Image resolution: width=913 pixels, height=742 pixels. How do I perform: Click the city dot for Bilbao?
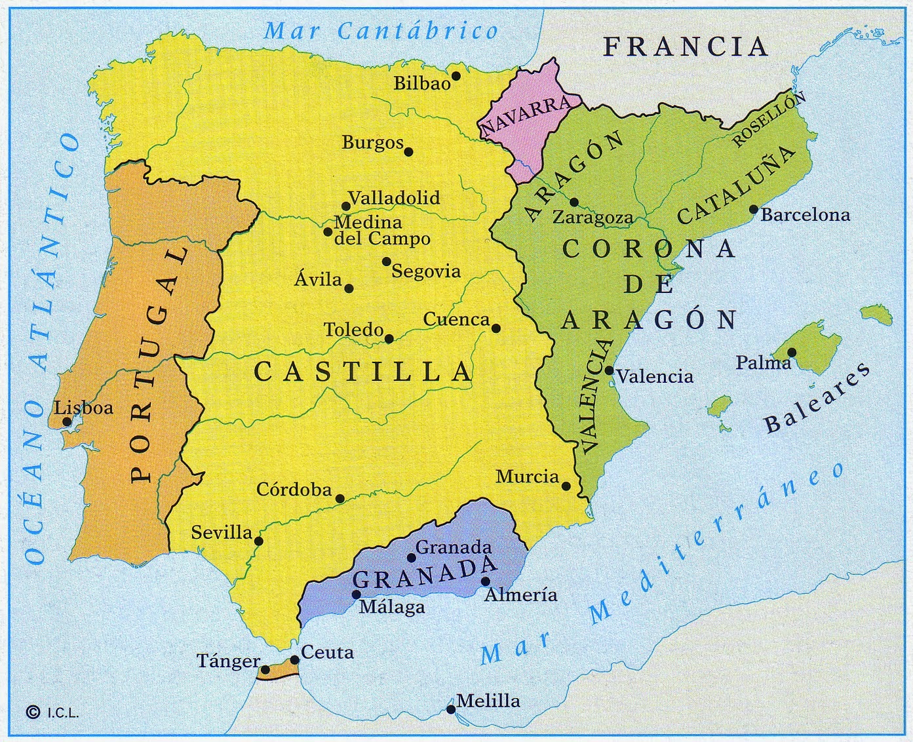coord(456,76)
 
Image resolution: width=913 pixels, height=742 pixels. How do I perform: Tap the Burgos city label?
coord(372,143)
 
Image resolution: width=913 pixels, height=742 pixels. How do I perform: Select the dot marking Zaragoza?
coord(574,203)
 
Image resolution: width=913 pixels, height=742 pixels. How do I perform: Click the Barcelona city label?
coord(805,215)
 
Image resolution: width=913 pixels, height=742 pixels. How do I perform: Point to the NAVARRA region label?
coord(526,117)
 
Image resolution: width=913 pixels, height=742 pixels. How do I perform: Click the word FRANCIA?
coord(685,47)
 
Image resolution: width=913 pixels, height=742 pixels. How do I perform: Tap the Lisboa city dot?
coord(67,421)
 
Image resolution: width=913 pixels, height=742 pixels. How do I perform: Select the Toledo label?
coord(354,330)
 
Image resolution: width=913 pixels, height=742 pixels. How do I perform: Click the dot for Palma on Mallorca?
coord(792,353)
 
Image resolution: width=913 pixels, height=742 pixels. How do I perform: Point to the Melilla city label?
coord(488,701)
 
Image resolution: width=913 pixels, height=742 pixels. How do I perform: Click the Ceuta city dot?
coord(295,660)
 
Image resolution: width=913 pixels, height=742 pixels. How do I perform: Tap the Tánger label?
coord(229,661)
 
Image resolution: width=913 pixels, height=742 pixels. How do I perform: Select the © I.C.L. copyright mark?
coord(52,713)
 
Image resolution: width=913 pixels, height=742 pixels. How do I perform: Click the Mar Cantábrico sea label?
coord(381,31)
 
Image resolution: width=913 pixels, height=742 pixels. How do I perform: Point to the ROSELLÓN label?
coord(767,120)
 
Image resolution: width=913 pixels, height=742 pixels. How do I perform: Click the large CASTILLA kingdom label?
coord(363,372)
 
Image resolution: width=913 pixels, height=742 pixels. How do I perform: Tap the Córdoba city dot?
coord(340,499)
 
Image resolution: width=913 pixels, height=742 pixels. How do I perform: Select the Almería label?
coord(520,595)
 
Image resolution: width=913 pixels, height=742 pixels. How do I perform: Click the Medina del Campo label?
coord(381,231)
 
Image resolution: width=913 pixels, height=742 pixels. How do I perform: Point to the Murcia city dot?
coord(566,486)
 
